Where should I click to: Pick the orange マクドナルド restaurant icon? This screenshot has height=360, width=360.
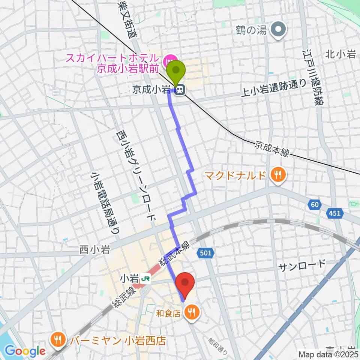click(278, 174)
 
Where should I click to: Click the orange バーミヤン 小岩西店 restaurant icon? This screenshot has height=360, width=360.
click(58, 340)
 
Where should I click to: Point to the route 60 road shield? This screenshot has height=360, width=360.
click(314, 204)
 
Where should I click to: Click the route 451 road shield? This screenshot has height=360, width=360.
click(335, 213)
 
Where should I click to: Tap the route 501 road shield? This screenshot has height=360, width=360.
click(206, 254)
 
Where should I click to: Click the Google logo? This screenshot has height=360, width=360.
click(25, 351)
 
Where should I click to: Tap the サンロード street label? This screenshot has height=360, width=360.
click(302, 266)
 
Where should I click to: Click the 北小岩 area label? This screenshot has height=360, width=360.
click(340, 55)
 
